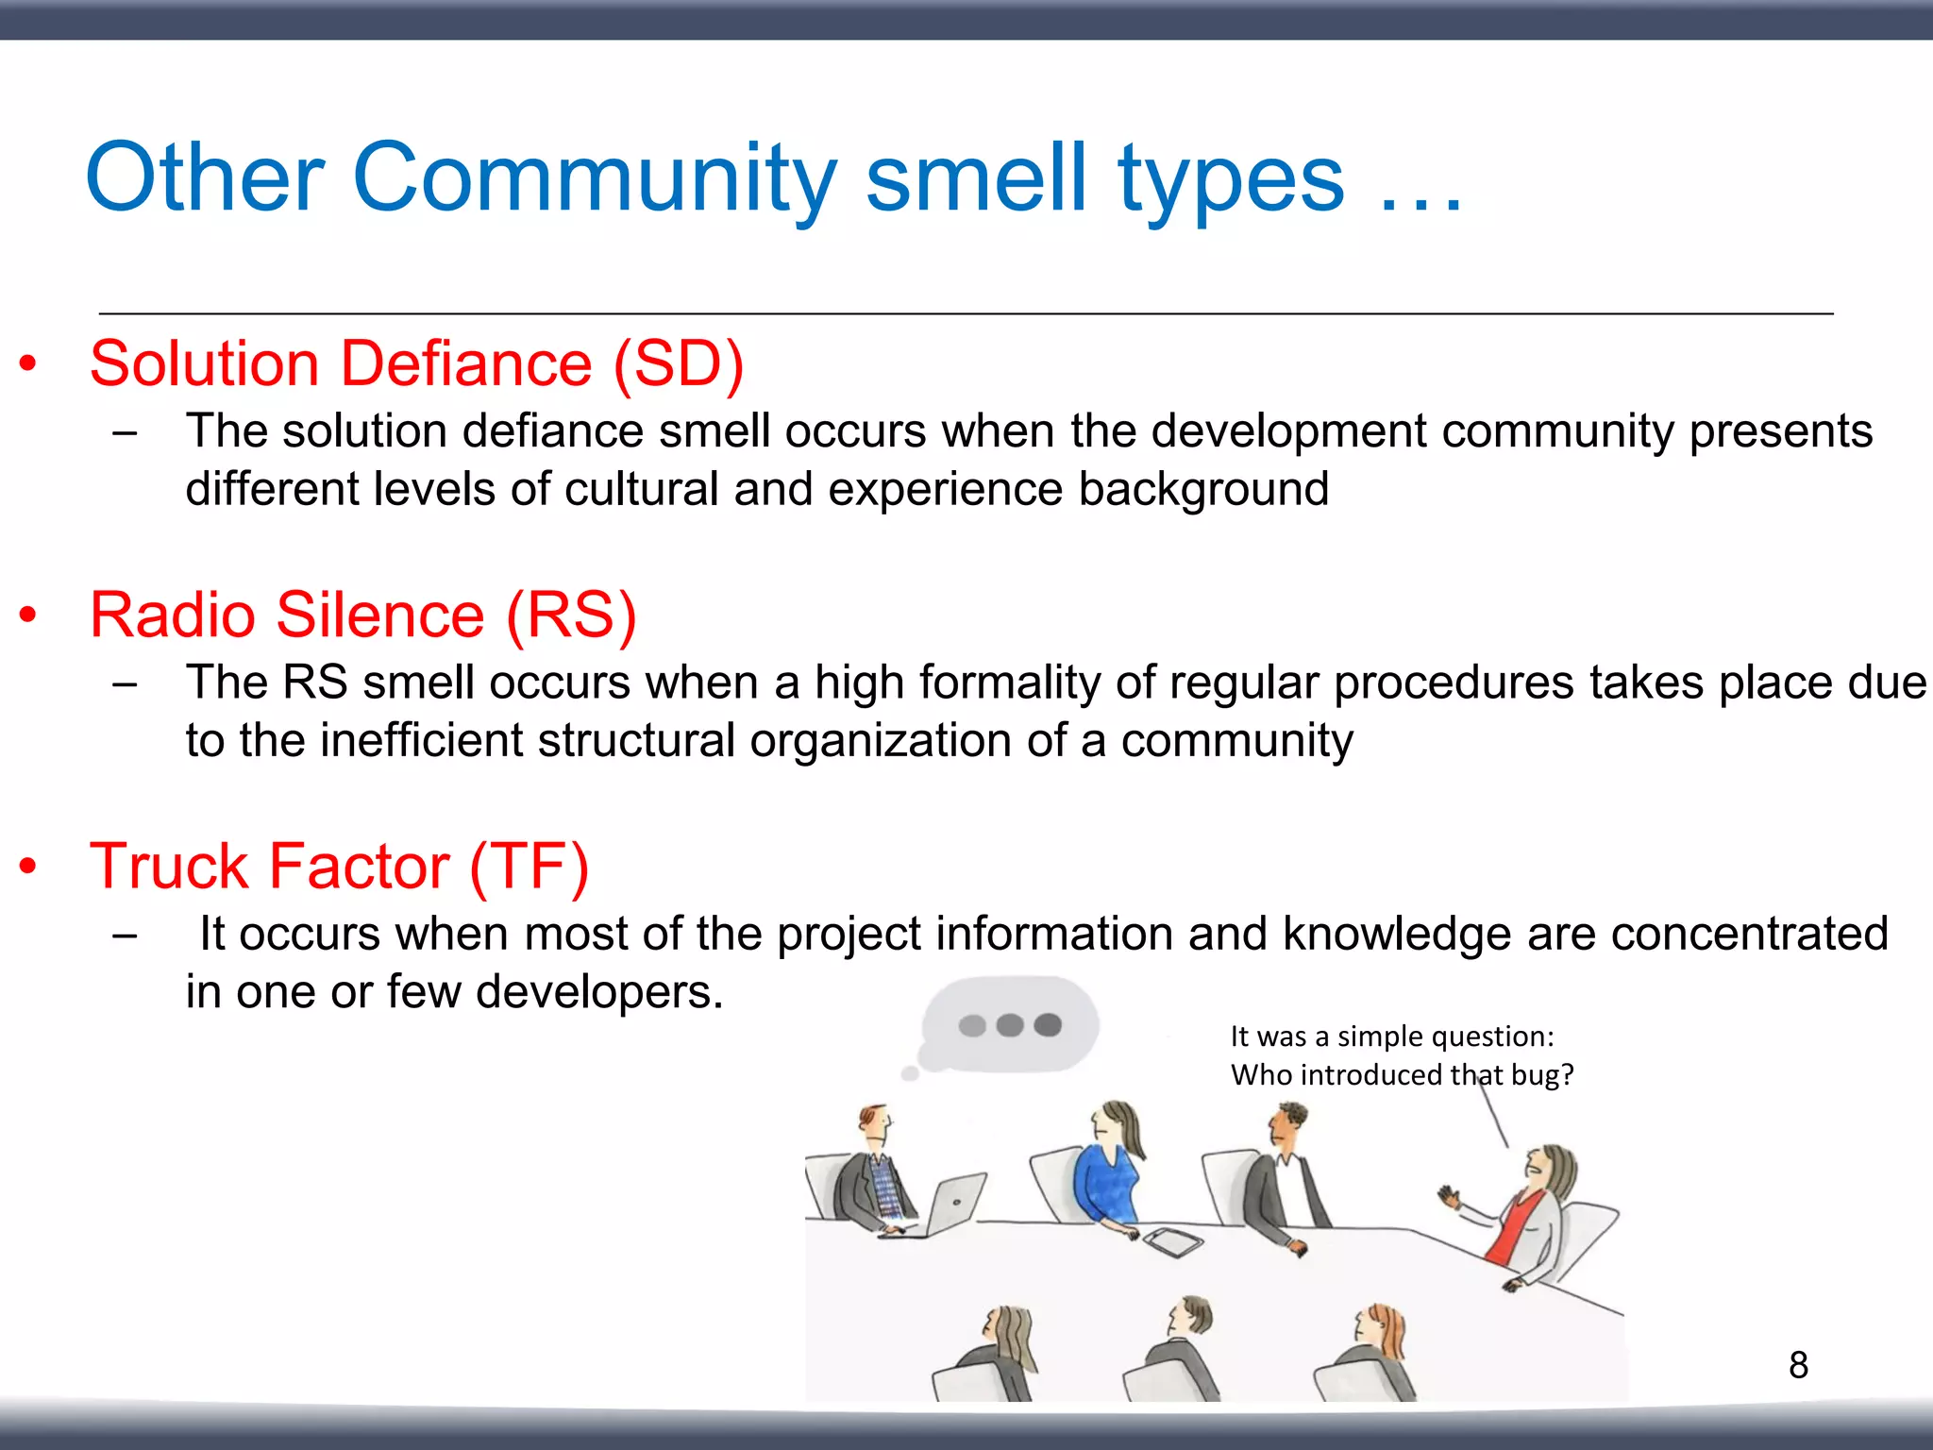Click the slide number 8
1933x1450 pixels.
pos(1798,1365)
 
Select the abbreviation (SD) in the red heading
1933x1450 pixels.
pos(679,363)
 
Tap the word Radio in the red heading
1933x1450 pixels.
pos(173,615)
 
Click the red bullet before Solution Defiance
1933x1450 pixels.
pos(28,363)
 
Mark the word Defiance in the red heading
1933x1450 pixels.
pos(465,363)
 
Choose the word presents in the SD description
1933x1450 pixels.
pos(1780,431)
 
